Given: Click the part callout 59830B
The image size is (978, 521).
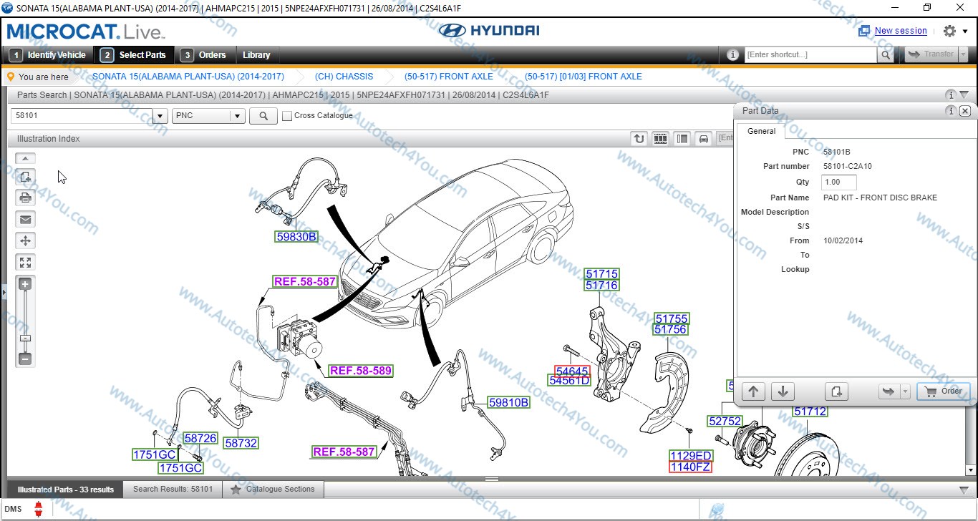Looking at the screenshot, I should pyautogui.click(x=296, y=236).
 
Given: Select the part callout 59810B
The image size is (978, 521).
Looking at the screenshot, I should pyautogui.click(x=508, y=402).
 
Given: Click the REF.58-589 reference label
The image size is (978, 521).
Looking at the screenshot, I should pyautogui.click(x=360, y=371).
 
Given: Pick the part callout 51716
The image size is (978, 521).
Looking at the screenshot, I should pyautogui.click(x=601, y=286).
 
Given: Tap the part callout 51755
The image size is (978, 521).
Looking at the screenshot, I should pyautogui.click(x=671, y=318).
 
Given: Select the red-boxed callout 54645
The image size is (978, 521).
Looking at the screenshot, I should pyautogui.click(x=572, y=371).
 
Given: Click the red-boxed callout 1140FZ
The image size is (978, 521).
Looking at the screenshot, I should pyautogui.click(x=690, y=467).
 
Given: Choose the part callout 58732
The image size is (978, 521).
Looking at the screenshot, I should pyautogui.click(x=241, y=443).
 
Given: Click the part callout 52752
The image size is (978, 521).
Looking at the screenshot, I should pyautogui.click(x=725, y=421).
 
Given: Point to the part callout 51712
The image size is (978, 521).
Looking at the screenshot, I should pyautogui.click(x=810, y=412).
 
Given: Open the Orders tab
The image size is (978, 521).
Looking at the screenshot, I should pyautogui.click(x=205, y=55).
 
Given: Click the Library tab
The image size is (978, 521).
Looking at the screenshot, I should pyautogui.click(x=256, y=55).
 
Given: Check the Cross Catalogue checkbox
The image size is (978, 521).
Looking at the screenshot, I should pyautogui.click(x=287, y=116).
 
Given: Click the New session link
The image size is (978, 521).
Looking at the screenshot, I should pyautogui.click(x=900, y=31).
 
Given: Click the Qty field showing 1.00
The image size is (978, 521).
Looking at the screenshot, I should pyautogui.click(x=838, y=182).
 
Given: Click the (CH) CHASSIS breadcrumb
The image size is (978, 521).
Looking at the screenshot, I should pyautogui.click(x=344, y=77).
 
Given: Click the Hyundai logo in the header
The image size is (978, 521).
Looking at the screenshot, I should pyautogui.click(x=489, y=31).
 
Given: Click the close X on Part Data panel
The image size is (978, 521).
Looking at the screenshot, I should pyautogui.click(x=964, y=111).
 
